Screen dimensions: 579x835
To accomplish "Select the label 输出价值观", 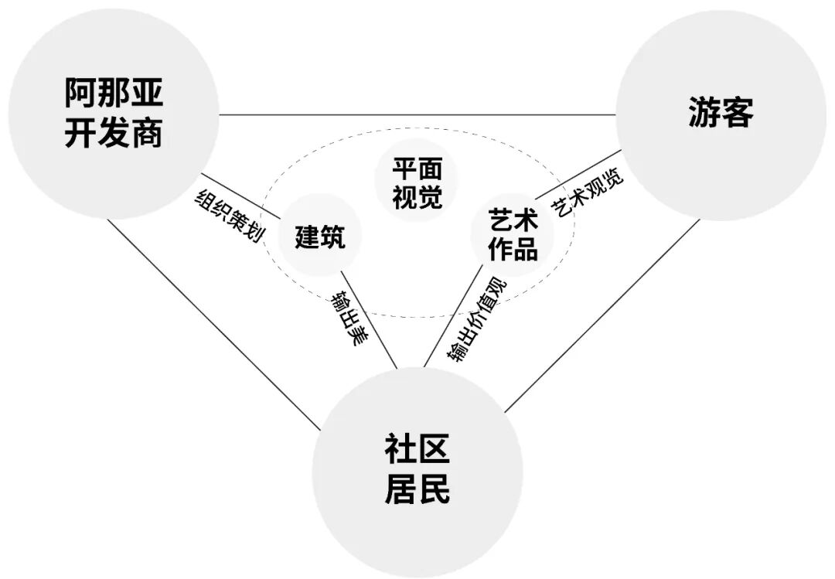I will click(475, 318).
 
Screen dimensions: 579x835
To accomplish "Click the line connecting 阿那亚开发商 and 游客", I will click(417, 115).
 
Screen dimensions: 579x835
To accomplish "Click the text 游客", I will click(720, 114).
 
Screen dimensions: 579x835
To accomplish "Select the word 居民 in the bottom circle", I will click(417, 490).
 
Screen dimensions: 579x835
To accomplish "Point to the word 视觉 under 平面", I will click(417, 198).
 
